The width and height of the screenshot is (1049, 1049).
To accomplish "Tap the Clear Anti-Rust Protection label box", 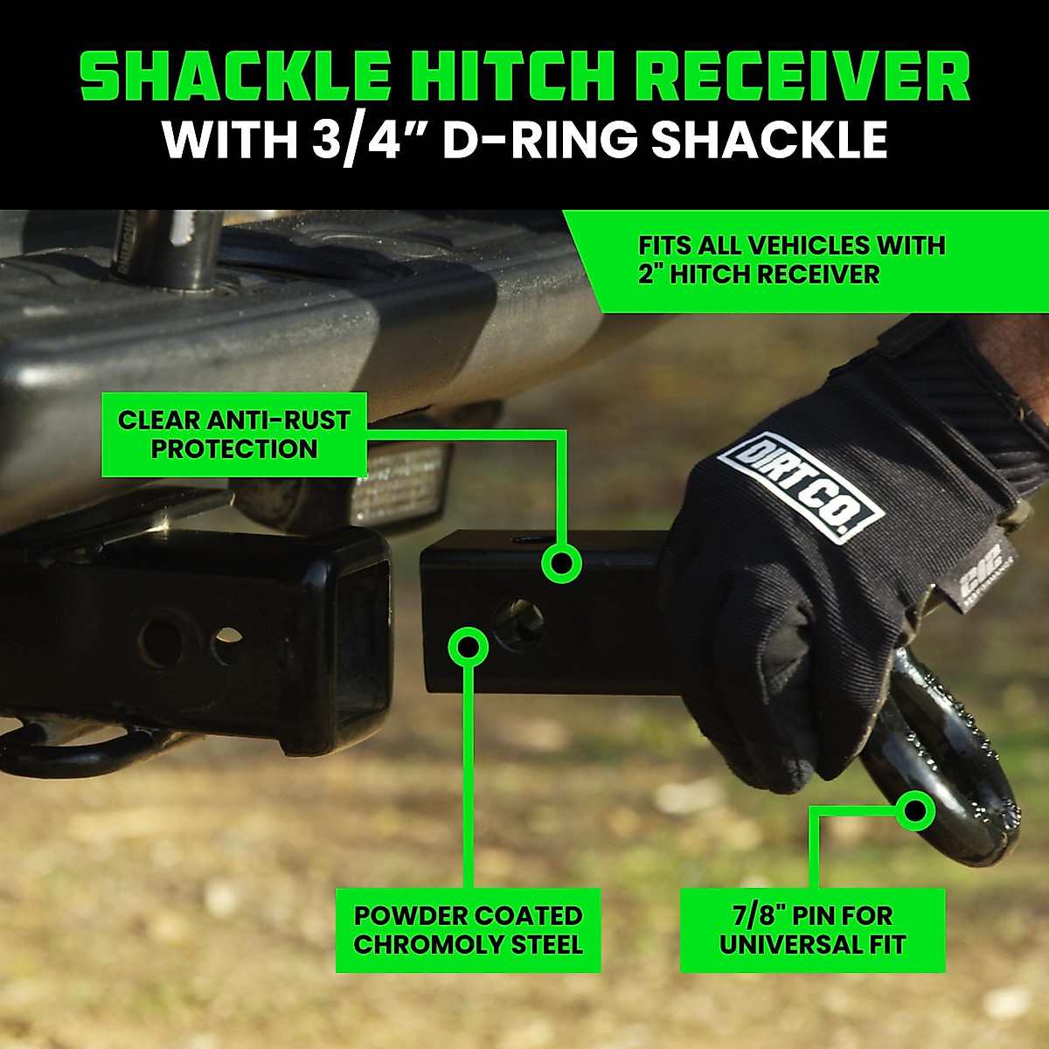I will click(x=233, y=434).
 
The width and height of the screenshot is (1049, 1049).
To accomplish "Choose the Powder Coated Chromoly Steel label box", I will click(x=469, y=930).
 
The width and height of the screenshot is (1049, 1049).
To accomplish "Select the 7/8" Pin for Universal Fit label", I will click(x=812, y=930).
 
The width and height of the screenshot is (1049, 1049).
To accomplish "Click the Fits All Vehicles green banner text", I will click(x=791, y=260).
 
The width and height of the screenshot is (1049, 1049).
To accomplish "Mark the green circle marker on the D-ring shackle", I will click(x=916, y=810).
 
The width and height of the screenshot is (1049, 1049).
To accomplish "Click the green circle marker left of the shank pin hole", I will click(x=469, y=647).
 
